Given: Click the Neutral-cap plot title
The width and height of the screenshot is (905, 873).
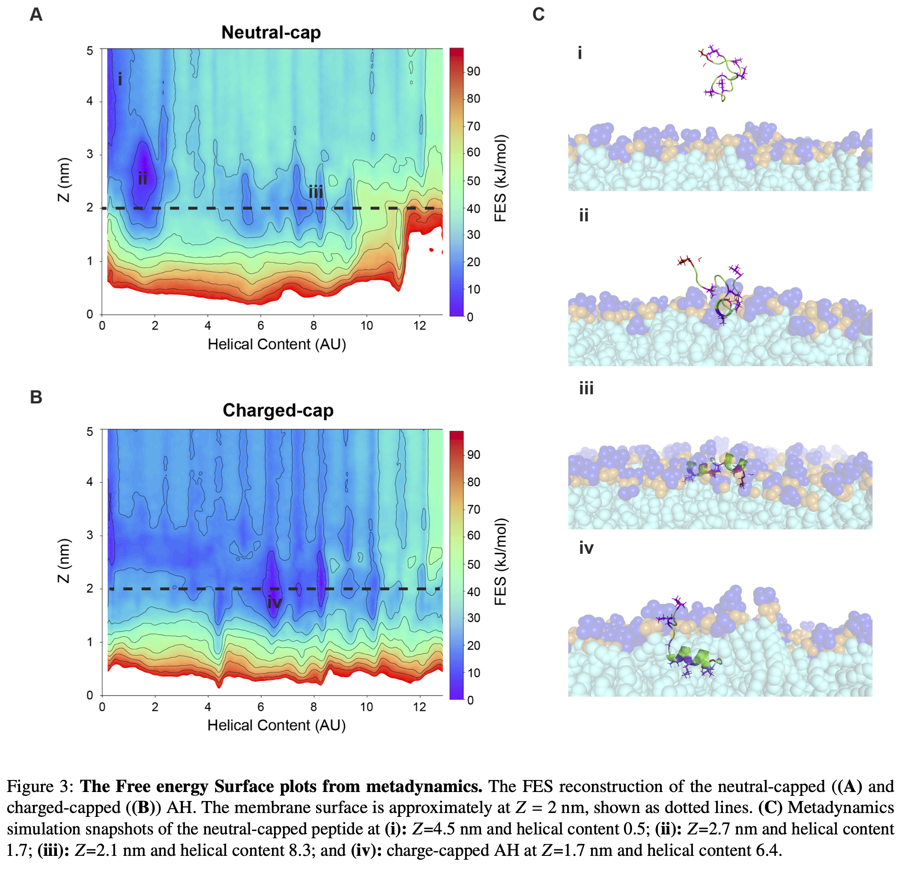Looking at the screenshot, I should pyautogui.click(x=271, y=32).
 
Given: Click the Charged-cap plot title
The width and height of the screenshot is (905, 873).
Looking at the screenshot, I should pyautogui.click(x=278, y=410).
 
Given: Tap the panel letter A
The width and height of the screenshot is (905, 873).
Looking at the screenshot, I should pyautogui.click(x=36, y=15).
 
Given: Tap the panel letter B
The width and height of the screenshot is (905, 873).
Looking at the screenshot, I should pyautogui.click(x=36, y=397).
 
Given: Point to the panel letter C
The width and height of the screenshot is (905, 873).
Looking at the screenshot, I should pyautogui.click(x=538, y=15).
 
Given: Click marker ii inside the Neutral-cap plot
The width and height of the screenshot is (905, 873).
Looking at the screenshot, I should pyautogui.click(x=143, y=178).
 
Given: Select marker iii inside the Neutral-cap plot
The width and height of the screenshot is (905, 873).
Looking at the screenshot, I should pyautogui.click(x=316, y=192).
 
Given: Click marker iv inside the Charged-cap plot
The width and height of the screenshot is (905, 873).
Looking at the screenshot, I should pyautogui.click(x=274, y=602).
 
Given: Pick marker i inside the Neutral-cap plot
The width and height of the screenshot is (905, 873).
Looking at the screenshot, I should pyautogui.click(x=120, y=79).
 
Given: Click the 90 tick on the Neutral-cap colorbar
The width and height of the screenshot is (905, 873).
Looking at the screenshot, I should pyautogui.click(x=473, y=71).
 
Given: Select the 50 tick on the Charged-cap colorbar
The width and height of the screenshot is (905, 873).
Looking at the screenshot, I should pyautogui.click(x=473, y=564).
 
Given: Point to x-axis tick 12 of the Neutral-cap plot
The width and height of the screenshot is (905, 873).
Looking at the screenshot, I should pyautogui.click(x=419, y=326).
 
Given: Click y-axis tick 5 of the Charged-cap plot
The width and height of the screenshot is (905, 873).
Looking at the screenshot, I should pyautogui.click(x=90, y=432).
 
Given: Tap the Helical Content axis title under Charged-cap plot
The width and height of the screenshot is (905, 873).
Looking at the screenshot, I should pyautogui.click(x=277, y=725).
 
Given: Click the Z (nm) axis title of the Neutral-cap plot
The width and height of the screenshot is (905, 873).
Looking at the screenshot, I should pyautogui.click(x=64, y=180).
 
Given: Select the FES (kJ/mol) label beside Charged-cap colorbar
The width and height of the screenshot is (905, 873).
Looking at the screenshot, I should pyautogui.click(x=501, y=562).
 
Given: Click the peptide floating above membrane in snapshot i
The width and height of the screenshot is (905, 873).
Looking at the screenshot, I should pyautogui.click(x=723, y=74).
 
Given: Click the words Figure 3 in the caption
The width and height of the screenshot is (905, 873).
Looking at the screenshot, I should pyautogui.click(x=40, y=786).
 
